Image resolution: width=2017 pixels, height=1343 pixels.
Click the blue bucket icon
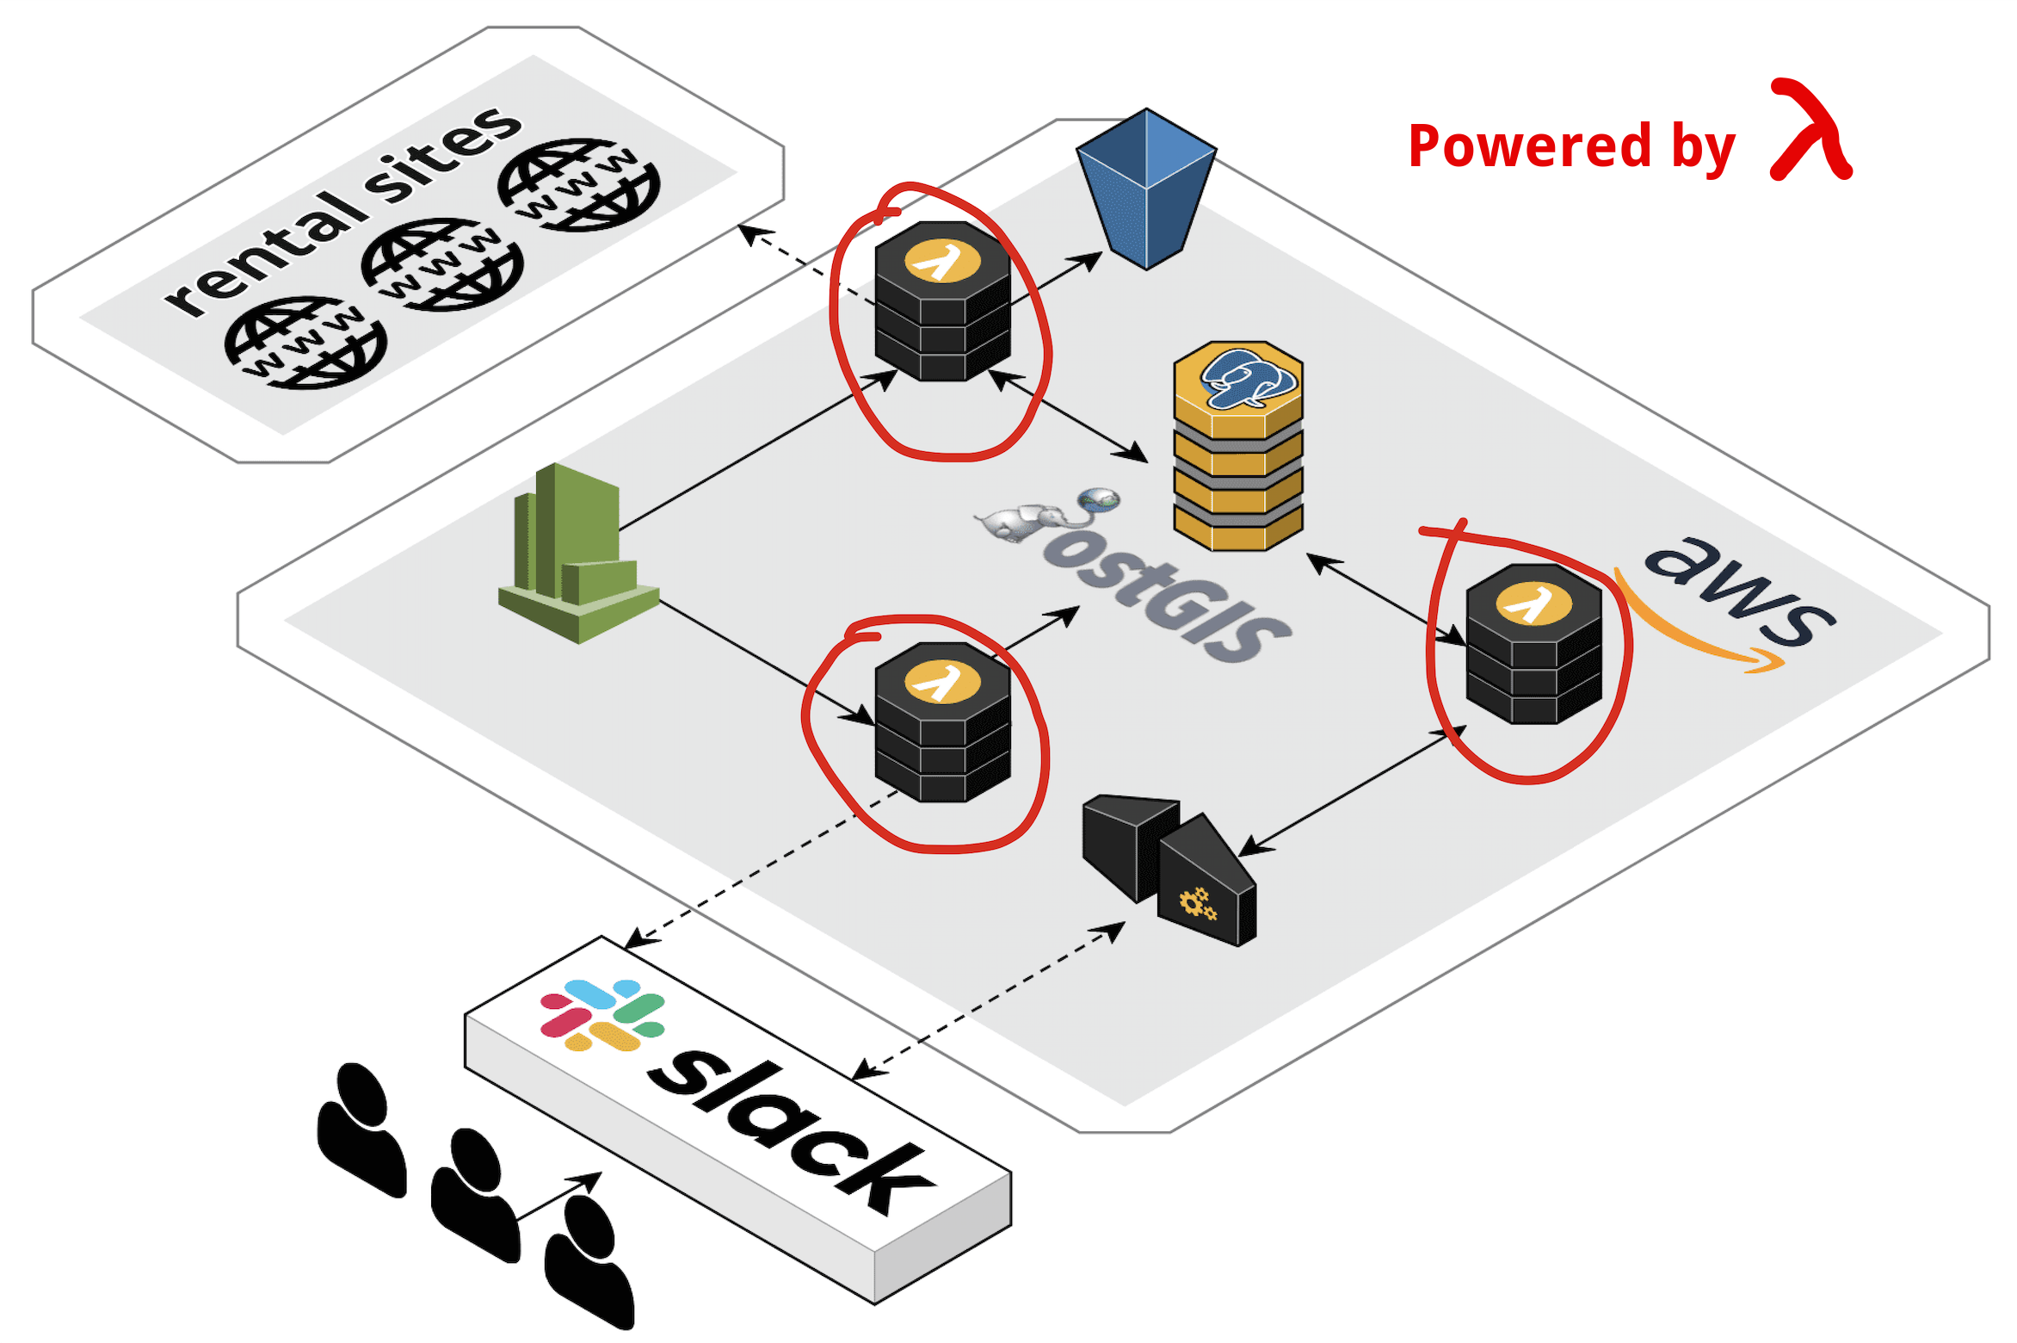(x=1146, y=189)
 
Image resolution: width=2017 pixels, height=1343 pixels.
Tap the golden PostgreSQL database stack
(x=1238, y=446)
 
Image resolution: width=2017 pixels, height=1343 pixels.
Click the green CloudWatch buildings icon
(x=578, y=553)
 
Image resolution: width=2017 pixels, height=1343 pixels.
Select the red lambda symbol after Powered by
(x=1810, y=130)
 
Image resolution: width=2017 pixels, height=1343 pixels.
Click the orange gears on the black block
(x=1198, y=904)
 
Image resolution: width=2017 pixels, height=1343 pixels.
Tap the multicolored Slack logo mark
(x=602, y=1015)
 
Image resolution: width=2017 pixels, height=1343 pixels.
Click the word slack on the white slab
(x=792, y=1132)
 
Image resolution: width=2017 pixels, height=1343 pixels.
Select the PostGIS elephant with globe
(x=1048, y=515)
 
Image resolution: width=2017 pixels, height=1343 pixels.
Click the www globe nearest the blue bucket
(x=579, y=184)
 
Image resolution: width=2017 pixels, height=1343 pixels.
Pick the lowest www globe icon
(x=305, y=343)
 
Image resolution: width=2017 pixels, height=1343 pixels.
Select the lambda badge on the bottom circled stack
(x=942, y=682)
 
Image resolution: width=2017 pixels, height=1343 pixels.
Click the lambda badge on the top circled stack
(x=942, y=261)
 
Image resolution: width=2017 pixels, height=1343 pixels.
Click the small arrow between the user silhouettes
(x=559, y=1196)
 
